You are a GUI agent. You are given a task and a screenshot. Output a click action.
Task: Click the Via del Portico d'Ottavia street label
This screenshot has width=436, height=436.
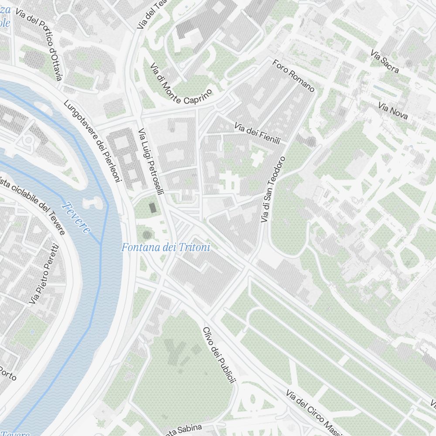[39, 44]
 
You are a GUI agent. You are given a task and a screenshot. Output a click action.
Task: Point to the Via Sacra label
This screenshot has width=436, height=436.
[385, 61]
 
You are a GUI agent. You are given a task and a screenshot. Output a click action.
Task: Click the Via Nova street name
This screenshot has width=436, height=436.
[393, 111]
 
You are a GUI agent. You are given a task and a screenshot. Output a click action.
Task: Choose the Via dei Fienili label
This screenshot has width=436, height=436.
[261, 133]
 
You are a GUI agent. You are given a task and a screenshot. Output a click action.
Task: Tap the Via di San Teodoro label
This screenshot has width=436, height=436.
[273, 190]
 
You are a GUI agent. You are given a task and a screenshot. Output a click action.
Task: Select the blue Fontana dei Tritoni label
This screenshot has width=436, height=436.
[166, 248]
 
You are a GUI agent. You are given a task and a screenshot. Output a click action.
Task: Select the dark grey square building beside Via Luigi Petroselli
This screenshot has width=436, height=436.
[153, 207]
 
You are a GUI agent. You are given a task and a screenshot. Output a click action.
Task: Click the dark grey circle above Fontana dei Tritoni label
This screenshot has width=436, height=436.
[147, 235]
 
